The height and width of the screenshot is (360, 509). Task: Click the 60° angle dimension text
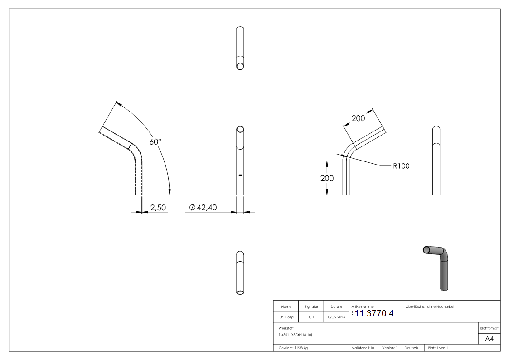(155, 141)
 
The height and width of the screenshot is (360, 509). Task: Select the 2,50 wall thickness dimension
(159, 208)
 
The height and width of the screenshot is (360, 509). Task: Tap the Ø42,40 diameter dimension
(203, 208)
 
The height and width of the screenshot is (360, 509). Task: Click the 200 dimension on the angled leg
(358, 118)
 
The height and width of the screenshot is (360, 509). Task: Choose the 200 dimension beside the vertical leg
(327, 178)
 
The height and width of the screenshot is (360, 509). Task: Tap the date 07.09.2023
(336, 317)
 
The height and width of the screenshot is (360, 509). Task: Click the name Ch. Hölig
(286, 317)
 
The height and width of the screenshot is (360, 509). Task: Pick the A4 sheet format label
(489, 339)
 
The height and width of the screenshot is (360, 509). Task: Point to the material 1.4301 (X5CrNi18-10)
(296, 335)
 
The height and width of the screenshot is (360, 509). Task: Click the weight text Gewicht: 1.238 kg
(293, 348)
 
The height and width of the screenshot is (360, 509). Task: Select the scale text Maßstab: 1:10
(363, 348)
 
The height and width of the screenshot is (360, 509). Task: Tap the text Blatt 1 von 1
(438, 348)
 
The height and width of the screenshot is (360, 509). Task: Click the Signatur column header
(311, 307)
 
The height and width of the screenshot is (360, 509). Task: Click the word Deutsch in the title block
(411, 348)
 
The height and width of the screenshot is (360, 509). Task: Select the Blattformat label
(489, 327)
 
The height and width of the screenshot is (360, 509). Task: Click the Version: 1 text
(389, 348)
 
